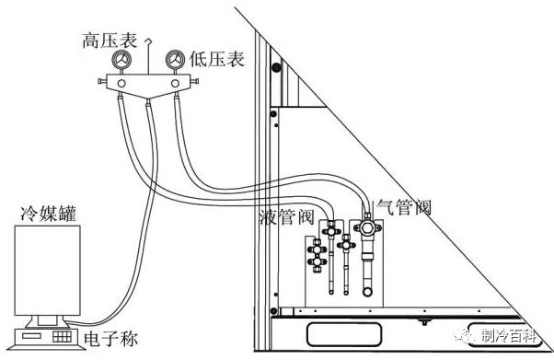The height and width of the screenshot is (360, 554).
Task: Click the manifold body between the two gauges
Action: pos(146,85)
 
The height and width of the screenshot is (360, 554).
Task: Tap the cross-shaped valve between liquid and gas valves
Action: pos(345,245)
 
